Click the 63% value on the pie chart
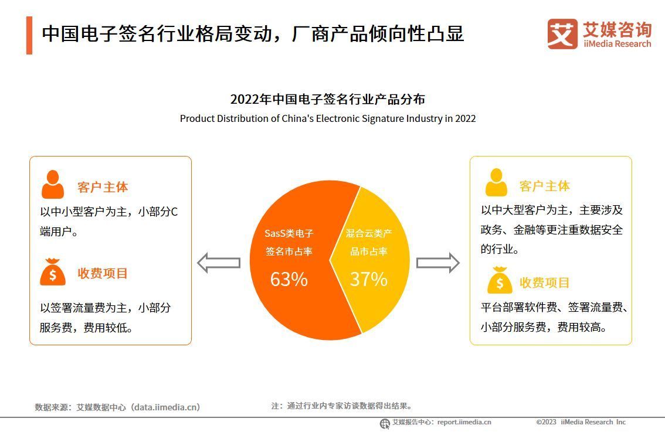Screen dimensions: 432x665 click(x=289, y=280)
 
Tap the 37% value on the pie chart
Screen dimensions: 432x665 click(x=368, y=280)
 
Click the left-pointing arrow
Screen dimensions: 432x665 click(x=218, y=263)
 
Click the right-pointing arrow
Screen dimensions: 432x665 click(x=437, y=263)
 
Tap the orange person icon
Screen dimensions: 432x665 click(x=53, y=185)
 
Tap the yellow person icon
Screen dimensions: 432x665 click(x=496, y=183)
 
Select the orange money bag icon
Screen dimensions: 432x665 click(x=53, y=273)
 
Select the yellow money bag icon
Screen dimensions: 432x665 click(x=499, y=281)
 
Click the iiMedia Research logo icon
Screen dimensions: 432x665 click(x=562, y=34)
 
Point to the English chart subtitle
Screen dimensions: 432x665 click(x=327, y=118)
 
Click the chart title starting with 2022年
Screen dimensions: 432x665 click(x=327, y=99)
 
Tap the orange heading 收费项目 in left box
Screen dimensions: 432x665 click(x=103, y=274)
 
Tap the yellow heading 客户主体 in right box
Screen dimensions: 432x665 click(x=544, y=186)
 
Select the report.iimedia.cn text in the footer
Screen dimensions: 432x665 click(x=464, y=422)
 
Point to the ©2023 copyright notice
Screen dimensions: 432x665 click(x=581, y=422)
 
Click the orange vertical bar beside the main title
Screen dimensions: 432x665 click(x=29, y=35)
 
